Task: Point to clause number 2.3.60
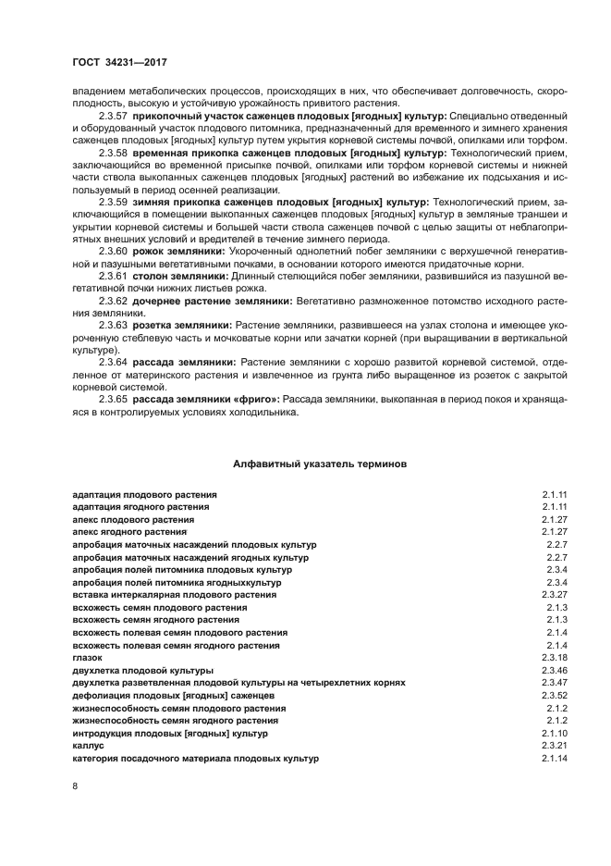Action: click(113, 251)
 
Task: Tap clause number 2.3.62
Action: click(113, 301)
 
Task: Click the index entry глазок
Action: click(87, 658)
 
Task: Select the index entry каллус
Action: click(88, 746)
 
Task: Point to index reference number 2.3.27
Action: click(554, 595)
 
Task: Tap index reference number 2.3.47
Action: click(554, 683)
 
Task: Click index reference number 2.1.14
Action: click(554, 759)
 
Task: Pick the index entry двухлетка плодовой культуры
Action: click(142, 670)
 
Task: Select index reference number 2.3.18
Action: click(554, 658)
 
